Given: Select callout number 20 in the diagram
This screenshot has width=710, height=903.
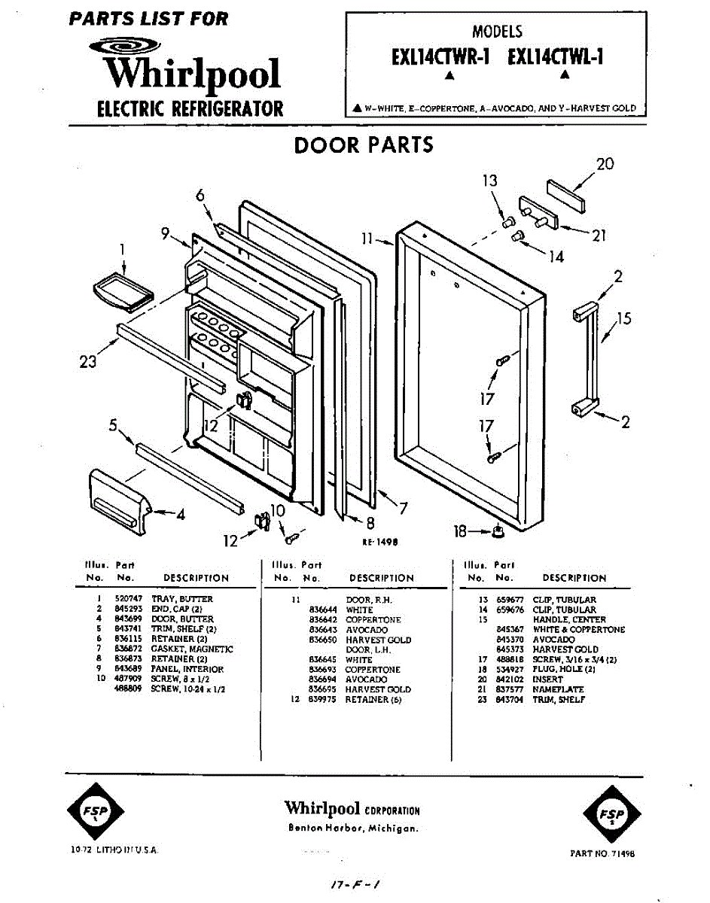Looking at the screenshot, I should (605, 164).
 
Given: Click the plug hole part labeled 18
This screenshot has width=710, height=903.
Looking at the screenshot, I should (497, 534).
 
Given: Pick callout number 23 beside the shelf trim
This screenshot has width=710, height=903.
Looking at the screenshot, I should (88, 362).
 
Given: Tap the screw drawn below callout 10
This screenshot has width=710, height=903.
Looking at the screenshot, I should (291, 538).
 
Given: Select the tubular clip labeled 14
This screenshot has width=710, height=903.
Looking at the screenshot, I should (517, 236).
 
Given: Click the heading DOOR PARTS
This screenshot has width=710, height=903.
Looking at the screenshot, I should (364, 144).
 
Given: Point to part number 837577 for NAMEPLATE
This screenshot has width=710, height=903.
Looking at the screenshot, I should (504, 689).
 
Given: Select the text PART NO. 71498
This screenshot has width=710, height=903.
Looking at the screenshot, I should (603, 853).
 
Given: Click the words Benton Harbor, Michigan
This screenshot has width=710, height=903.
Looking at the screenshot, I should (353, 829).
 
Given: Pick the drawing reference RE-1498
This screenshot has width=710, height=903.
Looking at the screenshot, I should (379, 542).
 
